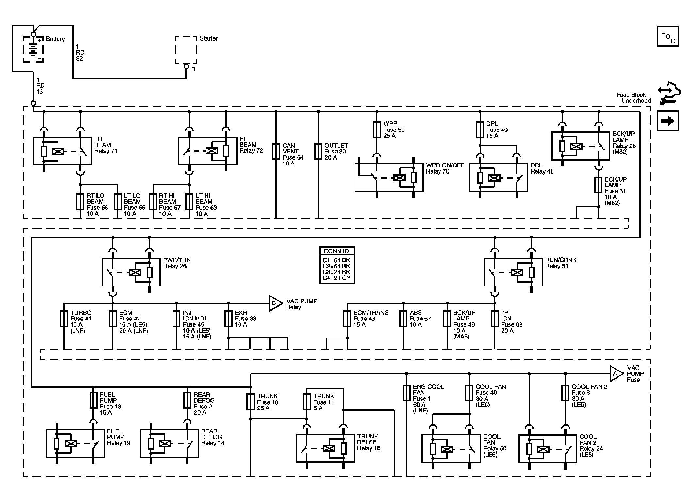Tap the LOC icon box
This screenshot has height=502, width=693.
point(668,36)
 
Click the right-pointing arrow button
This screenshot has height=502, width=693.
point(668,121)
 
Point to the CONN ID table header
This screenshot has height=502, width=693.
point(337,251)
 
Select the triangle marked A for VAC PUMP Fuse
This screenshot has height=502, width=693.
point(616,373)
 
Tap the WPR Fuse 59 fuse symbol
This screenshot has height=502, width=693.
point(377,130)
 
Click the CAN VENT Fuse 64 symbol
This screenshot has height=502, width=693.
point(276,151)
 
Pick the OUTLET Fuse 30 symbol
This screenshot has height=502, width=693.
point(318,151)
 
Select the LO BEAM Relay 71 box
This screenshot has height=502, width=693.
point(33,151)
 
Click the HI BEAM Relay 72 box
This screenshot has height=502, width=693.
point(179,151)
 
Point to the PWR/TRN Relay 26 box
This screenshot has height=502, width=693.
point(102,272)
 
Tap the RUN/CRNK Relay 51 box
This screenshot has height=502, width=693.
point(484,272)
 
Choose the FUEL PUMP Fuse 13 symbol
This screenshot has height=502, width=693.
point(93,400)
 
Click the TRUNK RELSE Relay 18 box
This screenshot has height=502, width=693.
point(296,448)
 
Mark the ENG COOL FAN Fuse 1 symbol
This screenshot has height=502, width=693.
point(406,392)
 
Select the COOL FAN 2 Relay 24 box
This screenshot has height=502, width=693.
point(519,449)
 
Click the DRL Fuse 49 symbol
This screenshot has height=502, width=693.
point(480,130)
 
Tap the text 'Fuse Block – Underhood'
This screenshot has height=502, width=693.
point(633,98)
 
